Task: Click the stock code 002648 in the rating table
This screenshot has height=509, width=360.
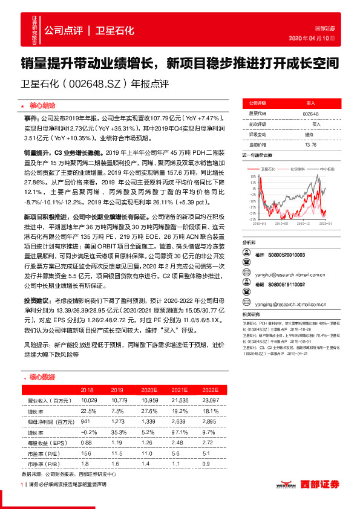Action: click(310, 113)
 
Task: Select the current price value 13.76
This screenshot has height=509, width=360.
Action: click(310, 144)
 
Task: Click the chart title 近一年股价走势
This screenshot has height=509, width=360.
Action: click(257, 155)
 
